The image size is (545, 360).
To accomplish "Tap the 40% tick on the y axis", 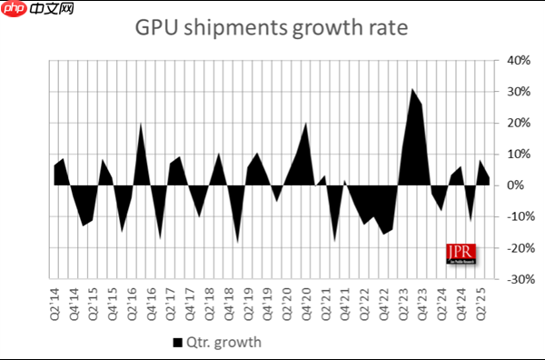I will point(520,61).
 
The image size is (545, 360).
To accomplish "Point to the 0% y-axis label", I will point(516,185).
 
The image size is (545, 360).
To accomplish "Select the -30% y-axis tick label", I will point(518,280).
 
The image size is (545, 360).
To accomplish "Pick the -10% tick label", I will point(518,217).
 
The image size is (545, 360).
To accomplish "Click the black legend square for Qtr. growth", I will point(178,343).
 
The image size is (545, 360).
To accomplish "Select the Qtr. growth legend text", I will point(225,343).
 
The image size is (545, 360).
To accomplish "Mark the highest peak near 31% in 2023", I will point(411,89).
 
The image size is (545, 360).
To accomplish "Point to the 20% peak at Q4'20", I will point(305,124).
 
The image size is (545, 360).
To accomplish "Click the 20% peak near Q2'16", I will point(141,124).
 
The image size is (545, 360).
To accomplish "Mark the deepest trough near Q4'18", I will point(238,242).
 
